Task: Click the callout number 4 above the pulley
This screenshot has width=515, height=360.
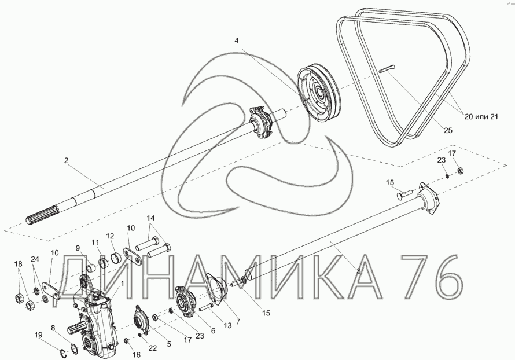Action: coord(237,41)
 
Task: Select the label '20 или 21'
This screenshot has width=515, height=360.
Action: coord(481,116)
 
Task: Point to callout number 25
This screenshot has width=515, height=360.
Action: coord(448,130)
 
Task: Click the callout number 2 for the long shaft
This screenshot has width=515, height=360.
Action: coord(66,161)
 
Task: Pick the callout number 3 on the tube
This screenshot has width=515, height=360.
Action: coord(358,271)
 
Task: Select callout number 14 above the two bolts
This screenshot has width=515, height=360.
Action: coord(150,218)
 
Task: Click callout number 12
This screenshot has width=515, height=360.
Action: coord(110,236)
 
